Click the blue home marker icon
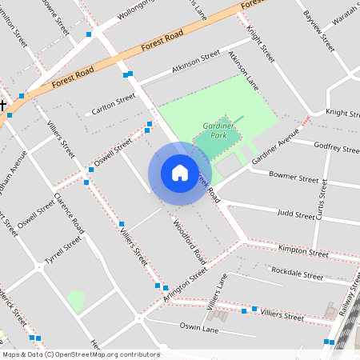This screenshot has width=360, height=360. tap(180, 172)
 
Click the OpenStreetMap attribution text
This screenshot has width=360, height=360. tap(80, 354)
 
